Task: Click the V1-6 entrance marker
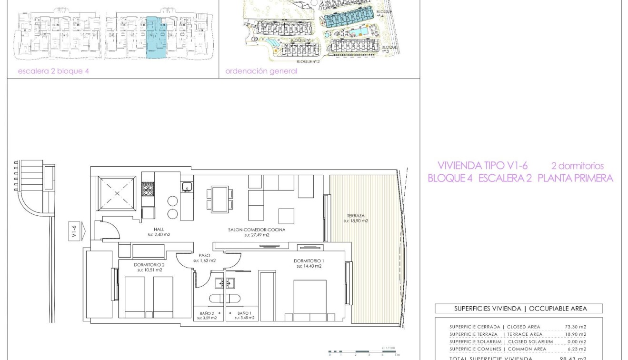pos(75,231)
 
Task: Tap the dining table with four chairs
pos(220,199)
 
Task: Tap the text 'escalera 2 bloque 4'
pos(53,71)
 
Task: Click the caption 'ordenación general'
pos(261,71)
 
